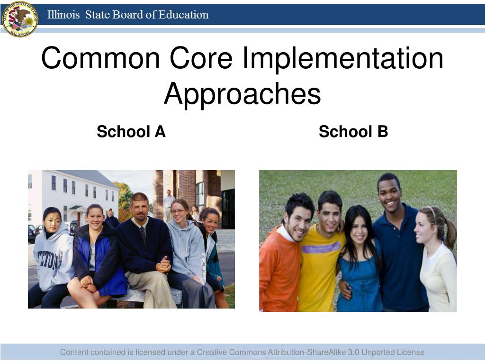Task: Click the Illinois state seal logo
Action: click(x=19, y=19)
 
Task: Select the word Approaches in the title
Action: click(x=242, y=93)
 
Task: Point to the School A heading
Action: click(x=131, y=131)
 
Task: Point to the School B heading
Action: click(x=353, y=131)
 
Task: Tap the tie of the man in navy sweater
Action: click(x=143, y=233)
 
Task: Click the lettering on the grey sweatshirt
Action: click(x=49, y=260)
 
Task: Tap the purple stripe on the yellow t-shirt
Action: click(x=322, y=248)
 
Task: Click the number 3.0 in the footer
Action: click(x=353, y=352)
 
